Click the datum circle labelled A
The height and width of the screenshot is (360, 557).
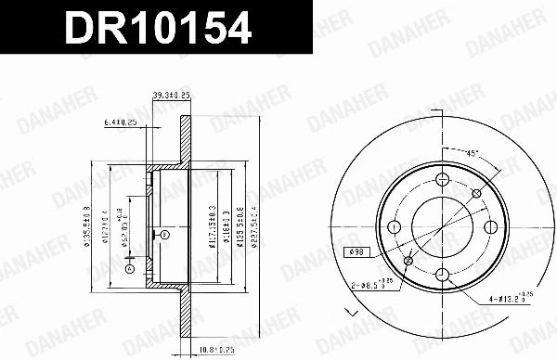[129, 269]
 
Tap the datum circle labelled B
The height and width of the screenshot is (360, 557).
[164, 236]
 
